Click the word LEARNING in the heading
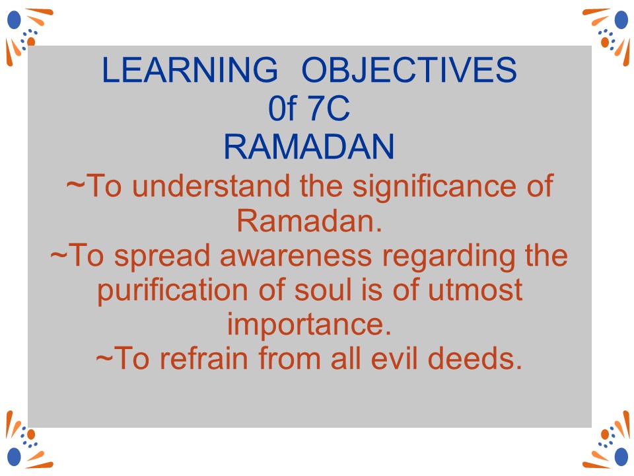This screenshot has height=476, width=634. click(x=190, y=69)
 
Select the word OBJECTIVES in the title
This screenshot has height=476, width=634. click(x=409, y=69)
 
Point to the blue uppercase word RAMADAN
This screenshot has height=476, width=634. click(x=309, y=147)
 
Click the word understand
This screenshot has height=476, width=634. click(x=211, y=186)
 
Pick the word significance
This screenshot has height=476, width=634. click(x=435, y=187)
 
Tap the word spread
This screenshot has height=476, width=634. click(x=162, y=257)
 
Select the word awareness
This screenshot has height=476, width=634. click(x=296, y=257)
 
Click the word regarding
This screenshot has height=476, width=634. click(x=448, y=257)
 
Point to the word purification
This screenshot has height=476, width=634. click(x=172, y=292)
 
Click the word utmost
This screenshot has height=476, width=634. click(x=475, y=291)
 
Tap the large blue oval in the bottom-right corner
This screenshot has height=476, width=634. click(x=621, y=457)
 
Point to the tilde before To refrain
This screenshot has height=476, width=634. click(x=104, y=358)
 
